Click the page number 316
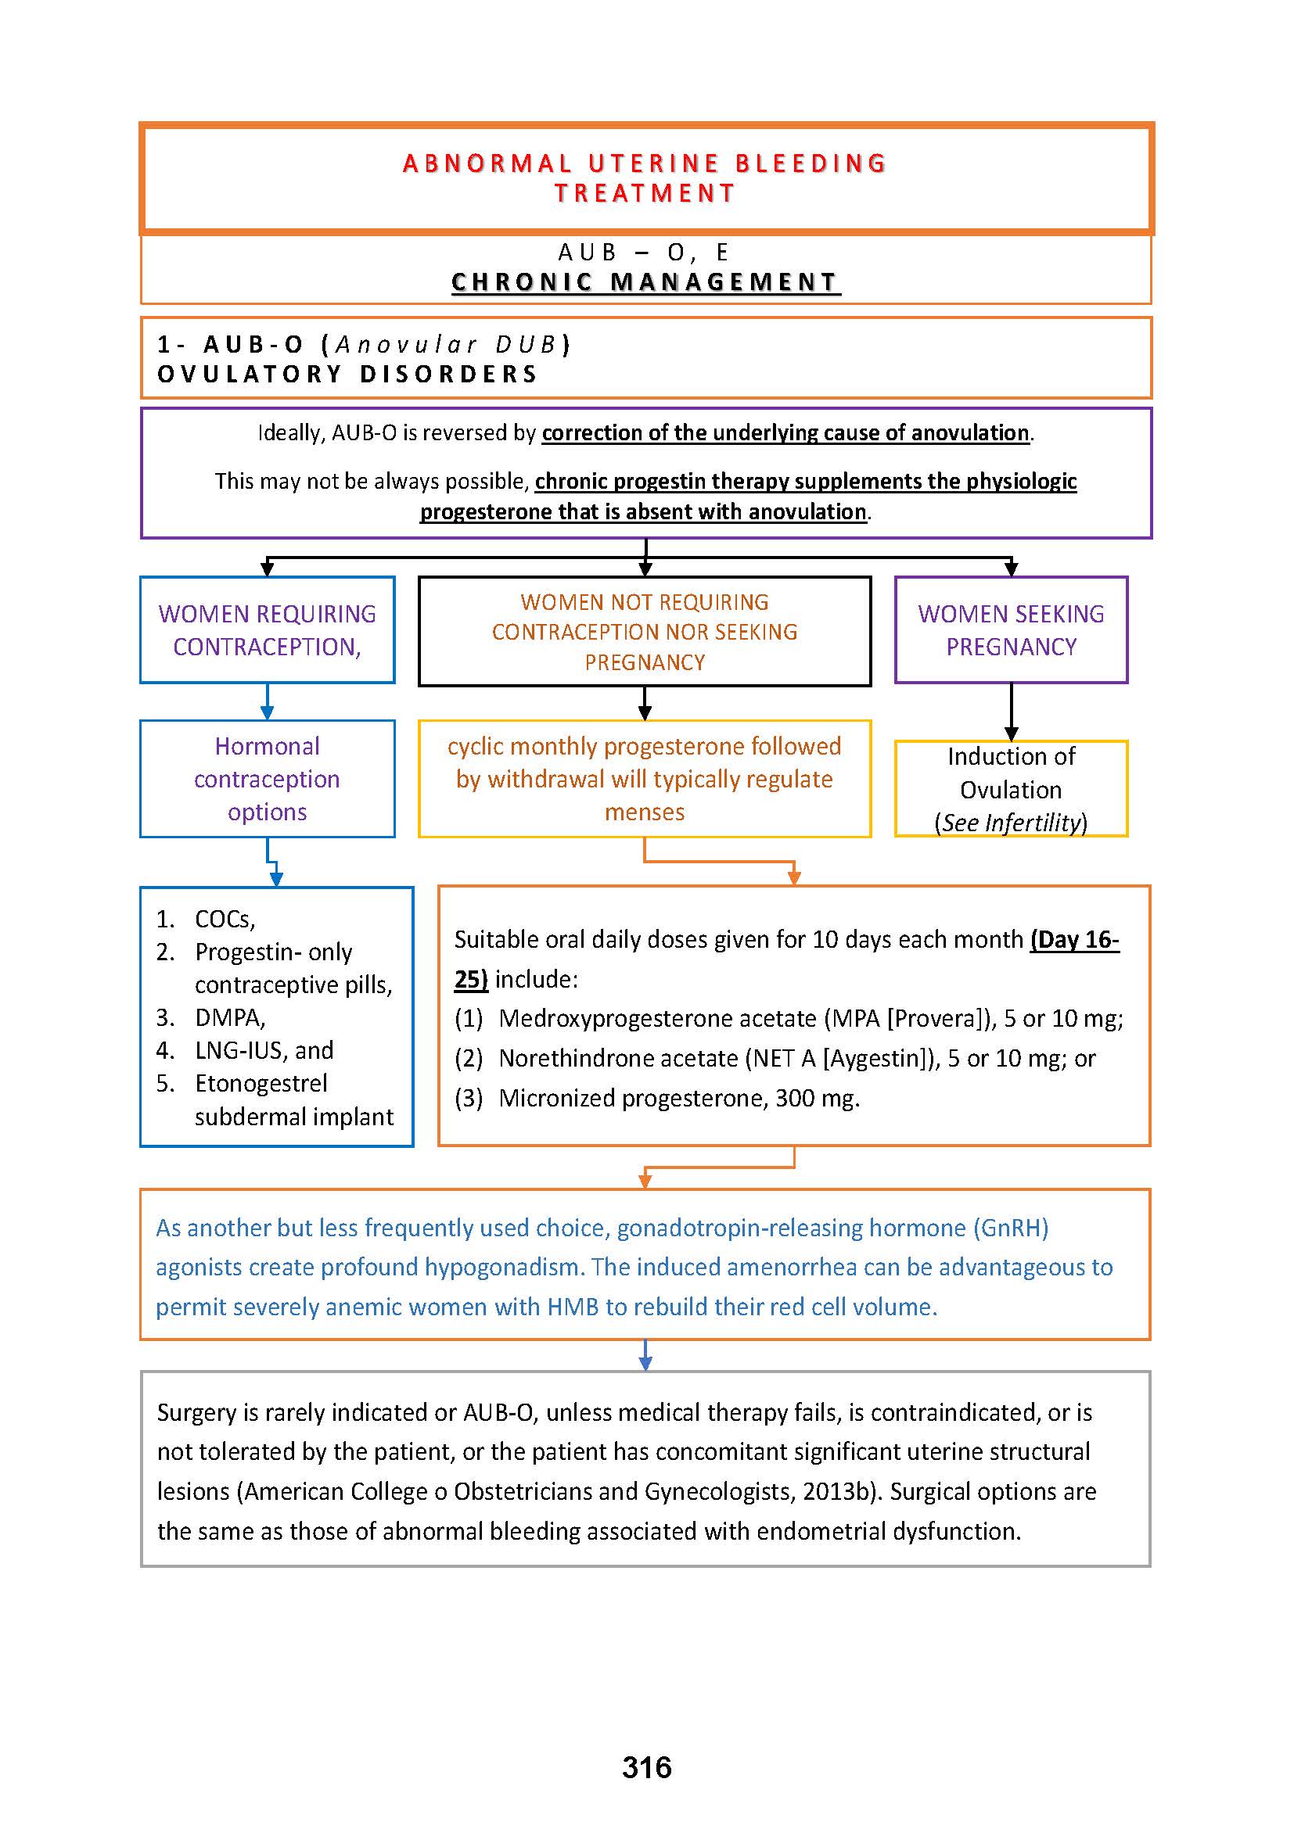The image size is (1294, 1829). point(646,1767)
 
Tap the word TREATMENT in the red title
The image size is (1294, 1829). point(645,194)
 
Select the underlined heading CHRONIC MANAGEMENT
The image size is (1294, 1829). point(645,282)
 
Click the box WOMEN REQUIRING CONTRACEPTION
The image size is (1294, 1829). point(267,629)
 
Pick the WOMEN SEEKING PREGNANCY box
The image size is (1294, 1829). point(1010,629)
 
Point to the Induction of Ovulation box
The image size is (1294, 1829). point(1010,788)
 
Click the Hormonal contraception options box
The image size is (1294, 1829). point(267,778)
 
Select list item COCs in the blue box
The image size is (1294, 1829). point(225,920)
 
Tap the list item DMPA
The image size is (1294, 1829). point(229,1017)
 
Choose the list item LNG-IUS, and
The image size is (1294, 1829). point(264,1050)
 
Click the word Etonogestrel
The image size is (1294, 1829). point(261,1083)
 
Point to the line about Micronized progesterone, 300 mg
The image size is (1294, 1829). point(679,1098)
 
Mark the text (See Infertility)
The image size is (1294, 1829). point(1010,822)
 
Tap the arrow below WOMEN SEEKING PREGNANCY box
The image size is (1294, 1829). point(1010,712)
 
